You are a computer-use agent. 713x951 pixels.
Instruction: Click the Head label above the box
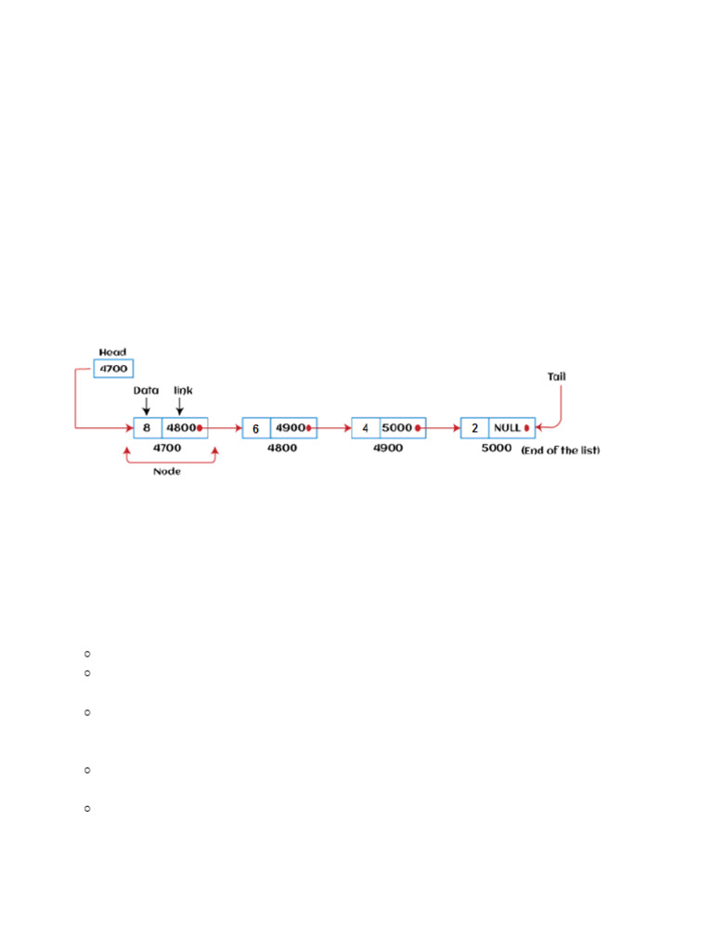coord(112,352)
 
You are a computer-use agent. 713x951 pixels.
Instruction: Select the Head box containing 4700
coord(113,369)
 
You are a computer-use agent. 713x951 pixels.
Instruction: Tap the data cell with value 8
coord(147,428)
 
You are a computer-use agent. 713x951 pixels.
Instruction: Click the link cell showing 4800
coord(183,428)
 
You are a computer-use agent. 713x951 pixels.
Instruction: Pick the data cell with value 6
coord(255,428)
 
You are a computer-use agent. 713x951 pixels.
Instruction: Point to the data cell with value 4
coord(365,428)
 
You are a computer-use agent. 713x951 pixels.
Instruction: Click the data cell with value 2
coord(474,428)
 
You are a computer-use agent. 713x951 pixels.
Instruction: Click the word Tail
coord(557,376)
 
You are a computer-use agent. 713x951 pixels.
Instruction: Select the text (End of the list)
coord(561,449)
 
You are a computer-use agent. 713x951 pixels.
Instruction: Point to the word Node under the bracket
coord(168,470)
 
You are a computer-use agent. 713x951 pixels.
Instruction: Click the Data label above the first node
coord(146,391)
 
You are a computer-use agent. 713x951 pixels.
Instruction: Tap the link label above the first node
coord(183,391)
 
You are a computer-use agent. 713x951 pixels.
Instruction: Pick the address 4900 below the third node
coord(389,448)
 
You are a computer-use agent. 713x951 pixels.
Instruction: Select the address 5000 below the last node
coord(497,448)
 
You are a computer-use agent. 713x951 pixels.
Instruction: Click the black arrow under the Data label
coord(146,406)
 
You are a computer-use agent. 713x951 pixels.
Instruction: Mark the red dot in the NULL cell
coord(526,428)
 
